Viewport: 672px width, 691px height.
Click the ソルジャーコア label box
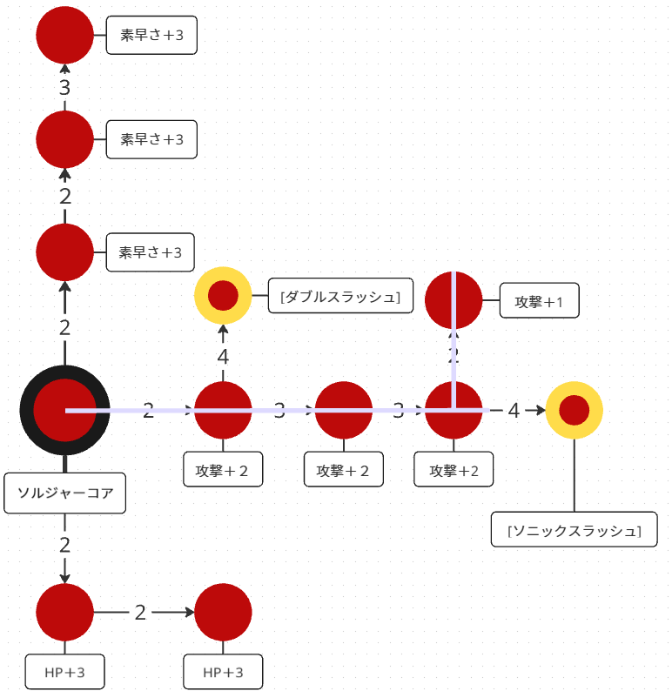(x=65, y=493)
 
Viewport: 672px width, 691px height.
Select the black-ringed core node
(x=65, y=410)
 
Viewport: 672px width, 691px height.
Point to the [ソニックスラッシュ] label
(x=574, y=530)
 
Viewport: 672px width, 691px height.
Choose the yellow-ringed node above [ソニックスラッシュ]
(x=575, y=410)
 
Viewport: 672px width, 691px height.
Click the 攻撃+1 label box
(x=540, y=302)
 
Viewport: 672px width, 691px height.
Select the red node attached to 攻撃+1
(x=454, y=301)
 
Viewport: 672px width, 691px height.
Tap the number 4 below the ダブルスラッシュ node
(x=223, y=356)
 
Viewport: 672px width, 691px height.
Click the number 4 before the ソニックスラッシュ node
(x=514, y=410)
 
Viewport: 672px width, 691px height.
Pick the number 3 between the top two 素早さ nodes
(x=64, y=87)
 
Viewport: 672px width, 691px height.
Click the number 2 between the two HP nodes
(x=140, y=612)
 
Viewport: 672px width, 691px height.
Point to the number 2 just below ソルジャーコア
(x=64, y=546)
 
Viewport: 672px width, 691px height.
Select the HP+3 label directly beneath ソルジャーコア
(x=64, y=672)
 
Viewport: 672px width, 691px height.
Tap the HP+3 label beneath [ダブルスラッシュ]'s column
(x=223, y=672)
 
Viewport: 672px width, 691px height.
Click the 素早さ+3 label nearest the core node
(x=150, y=252)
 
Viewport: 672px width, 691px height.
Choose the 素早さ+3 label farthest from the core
(x=151, y=36)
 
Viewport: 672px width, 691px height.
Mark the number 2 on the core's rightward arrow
(x=148, y=410)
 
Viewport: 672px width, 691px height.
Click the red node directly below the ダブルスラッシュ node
(x=223, y=410)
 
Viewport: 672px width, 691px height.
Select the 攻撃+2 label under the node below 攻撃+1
(x=454, y=471)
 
